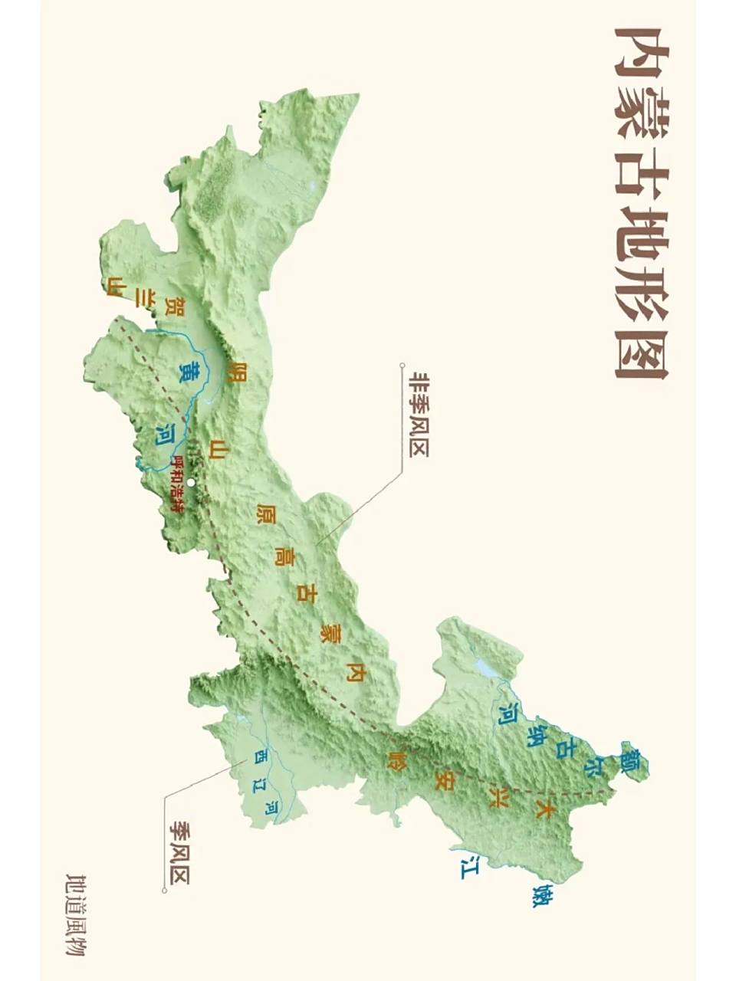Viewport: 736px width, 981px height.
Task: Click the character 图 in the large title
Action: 641,352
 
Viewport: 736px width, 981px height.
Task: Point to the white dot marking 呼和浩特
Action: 191,482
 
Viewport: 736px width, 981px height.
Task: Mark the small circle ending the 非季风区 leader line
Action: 401,366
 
